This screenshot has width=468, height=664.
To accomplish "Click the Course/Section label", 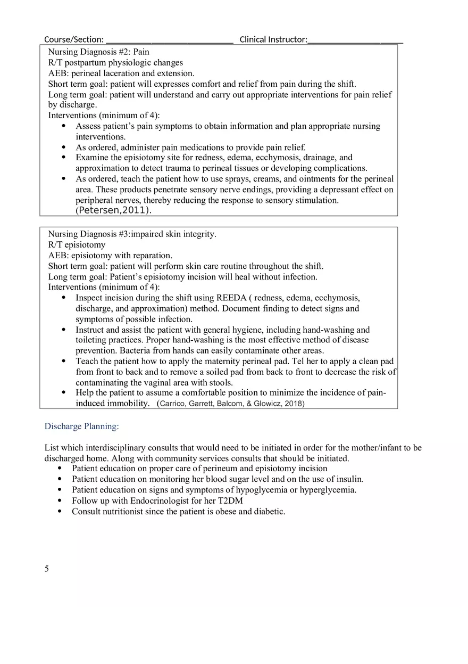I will click(x=73, y=39).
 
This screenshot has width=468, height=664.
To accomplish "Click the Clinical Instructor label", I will click(x=273, y=39).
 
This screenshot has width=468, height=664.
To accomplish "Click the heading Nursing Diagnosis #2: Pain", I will click(x=98, y=52).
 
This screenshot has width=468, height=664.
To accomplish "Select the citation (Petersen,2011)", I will click(x=113, y=210).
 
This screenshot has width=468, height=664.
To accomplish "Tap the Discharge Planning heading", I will click(x=81, y=427).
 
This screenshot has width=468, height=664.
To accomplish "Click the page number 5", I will click(x=47, y=569).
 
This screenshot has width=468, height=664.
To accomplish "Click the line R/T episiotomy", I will click(x=77, y=245).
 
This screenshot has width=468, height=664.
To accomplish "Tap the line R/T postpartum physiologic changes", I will click(x=115, y=63).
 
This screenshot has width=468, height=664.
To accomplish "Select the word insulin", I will click(x=349, y=479).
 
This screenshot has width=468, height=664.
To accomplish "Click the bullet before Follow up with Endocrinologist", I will click(x=60, y=501).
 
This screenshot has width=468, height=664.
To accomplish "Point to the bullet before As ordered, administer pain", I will click(x=64, y=147).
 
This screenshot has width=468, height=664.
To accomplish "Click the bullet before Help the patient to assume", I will click(x=64, y=393).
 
